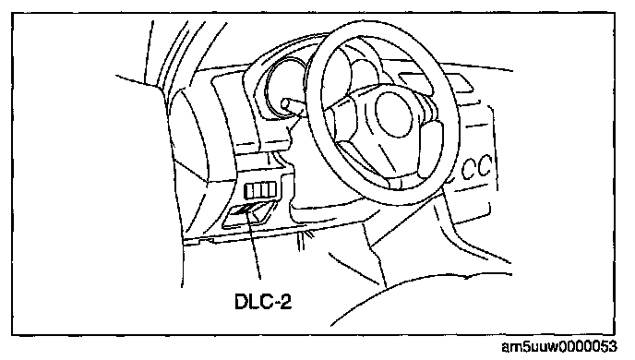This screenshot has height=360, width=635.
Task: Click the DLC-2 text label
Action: pos(263,302)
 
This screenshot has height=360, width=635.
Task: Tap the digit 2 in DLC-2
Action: pos(285,302)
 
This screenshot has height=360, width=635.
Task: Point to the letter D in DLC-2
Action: pos(241,302)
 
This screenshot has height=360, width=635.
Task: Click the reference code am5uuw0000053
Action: pos(559,347)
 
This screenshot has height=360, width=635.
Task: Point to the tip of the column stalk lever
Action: pos(284,103)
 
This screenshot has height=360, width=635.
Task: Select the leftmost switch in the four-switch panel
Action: pos(248,190)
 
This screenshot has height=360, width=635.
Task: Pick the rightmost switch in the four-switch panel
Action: pos(272,189)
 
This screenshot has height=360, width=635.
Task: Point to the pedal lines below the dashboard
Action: pos(304,242)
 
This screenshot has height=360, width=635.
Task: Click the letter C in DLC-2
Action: pos(266,302)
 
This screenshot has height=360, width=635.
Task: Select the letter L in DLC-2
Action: pos(253,302)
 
